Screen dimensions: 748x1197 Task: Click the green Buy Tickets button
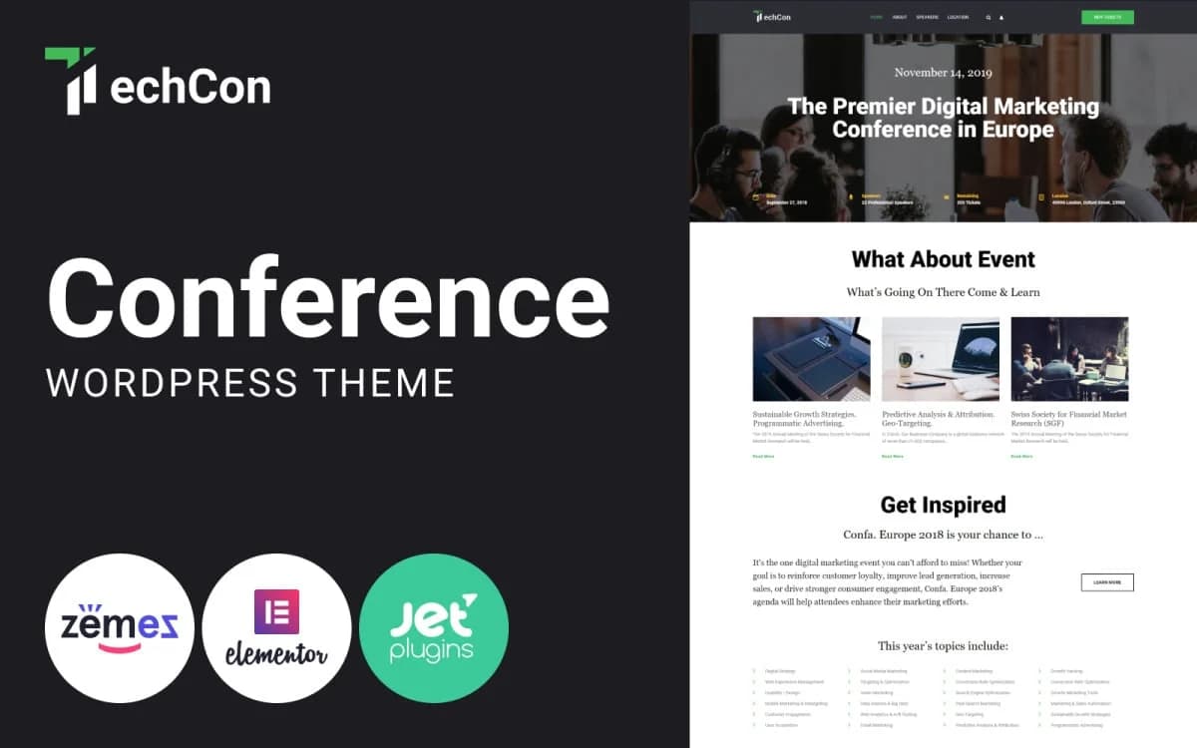click(x=1107, y=17)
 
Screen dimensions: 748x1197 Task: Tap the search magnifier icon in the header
click(x=989, y=17)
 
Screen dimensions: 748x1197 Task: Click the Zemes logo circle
click(x=119, y=628)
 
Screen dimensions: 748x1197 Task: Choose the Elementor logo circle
click(x=276, y=628)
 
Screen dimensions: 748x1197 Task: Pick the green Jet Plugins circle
click(x=434, y=628)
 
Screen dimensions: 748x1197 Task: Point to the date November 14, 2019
click(x=943, y=73)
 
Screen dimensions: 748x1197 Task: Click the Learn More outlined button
click(x=1107, y=582)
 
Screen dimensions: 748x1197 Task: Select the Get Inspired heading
click(x=943, y=505)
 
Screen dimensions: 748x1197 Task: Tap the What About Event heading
click(x=943, y=259)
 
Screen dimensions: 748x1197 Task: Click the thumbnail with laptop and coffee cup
click(x=941, y=359)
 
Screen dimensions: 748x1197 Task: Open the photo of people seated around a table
click(x=1069, y=359)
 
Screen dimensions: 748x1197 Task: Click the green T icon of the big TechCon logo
click(x=71, y=79)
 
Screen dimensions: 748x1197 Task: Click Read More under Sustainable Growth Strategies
click(x=763, y=456)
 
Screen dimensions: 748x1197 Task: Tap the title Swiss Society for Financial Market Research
click(x=1068, y=418)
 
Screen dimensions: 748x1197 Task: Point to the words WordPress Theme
click(x=250, y=383)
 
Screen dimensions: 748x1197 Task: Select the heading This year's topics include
click(x=943, y=646)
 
